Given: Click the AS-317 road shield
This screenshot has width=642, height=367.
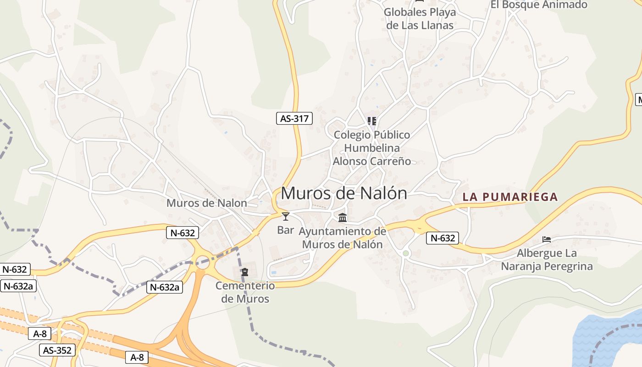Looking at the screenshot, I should [x=294, y=118].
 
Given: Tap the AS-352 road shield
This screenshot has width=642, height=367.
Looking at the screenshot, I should [x=57, y=350].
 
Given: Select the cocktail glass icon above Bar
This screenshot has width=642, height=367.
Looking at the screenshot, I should [x=286, y=217].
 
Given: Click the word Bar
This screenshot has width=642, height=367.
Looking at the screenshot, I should [x=286, y=230].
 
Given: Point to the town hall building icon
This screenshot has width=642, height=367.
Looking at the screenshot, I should [x=343, y=217].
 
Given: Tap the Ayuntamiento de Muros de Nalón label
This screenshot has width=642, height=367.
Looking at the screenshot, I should [x=342, y=238].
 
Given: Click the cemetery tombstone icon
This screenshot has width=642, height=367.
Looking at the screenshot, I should [x=245, y=272].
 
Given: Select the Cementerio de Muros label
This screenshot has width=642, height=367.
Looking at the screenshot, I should [x=245, y=292].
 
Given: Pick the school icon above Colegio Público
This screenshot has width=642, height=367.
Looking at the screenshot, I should [x=372, y=121].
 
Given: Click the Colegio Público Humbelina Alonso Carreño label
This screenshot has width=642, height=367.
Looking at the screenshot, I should [x=372, y=148].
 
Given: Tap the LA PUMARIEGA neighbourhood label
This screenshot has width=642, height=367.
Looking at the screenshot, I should [x=510, y=197].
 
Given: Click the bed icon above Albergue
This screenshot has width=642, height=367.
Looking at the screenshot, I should [x=546, y=239].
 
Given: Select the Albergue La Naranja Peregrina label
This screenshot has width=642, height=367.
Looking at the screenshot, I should [x=547, y=260].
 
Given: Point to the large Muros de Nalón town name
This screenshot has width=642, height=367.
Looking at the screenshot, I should [x=343, y=193].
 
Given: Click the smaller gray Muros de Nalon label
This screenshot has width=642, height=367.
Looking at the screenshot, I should [x=206, y=203].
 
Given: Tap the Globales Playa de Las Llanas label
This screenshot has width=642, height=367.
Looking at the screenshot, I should [x=420, y=18].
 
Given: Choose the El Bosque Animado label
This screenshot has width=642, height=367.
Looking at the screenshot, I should [x=539, y=5].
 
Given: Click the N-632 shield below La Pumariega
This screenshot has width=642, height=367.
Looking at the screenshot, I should [x=442, y=238].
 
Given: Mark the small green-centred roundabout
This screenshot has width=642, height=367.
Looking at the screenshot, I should [x=405, y=253].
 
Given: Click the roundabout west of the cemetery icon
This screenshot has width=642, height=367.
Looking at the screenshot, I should [x=203, y=262].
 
